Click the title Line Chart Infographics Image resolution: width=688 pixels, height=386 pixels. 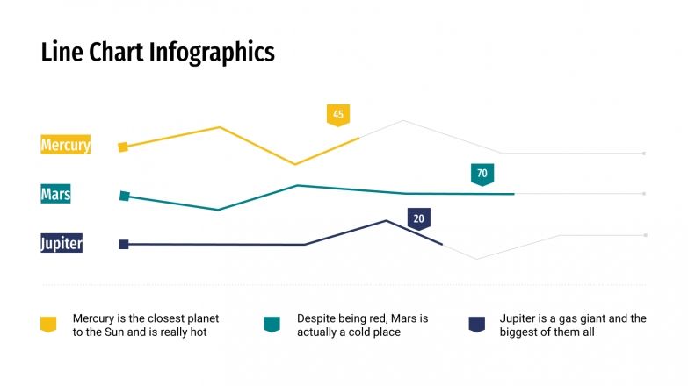coord(158,53)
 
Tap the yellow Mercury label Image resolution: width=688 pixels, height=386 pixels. coord(66,145)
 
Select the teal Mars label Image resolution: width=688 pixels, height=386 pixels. coord(55,194)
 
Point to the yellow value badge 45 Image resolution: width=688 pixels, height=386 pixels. coord(338,114)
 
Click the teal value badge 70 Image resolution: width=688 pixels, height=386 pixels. coord(482,174)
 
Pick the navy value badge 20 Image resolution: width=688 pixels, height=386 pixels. coord(418,218)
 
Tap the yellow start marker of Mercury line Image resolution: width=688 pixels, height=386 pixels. coord(124,147)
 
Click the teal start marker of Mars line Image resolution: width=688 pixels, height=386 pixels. coord(125,197)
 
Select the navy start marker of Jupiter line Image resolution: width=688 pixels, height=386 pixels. coord(124,245)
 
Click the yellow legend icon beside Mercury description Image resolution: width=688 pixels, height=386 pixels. coord(48,325)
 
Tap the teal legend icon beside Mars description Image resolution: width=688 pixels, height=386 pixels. coord(272,325)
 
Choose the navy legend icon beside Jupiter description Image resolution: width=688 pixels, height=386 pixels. coord(477,325)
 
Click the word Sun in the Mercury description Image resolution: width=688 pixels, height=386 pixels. coord(123,333)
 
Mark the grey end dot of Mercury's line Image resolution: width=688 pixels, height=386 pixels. coord(644,154)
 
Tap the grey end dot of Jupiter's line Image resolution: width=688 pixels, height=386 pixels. coord(645,235)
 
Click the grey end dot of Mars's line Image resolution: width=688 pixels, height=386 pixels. coord(644,194)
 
